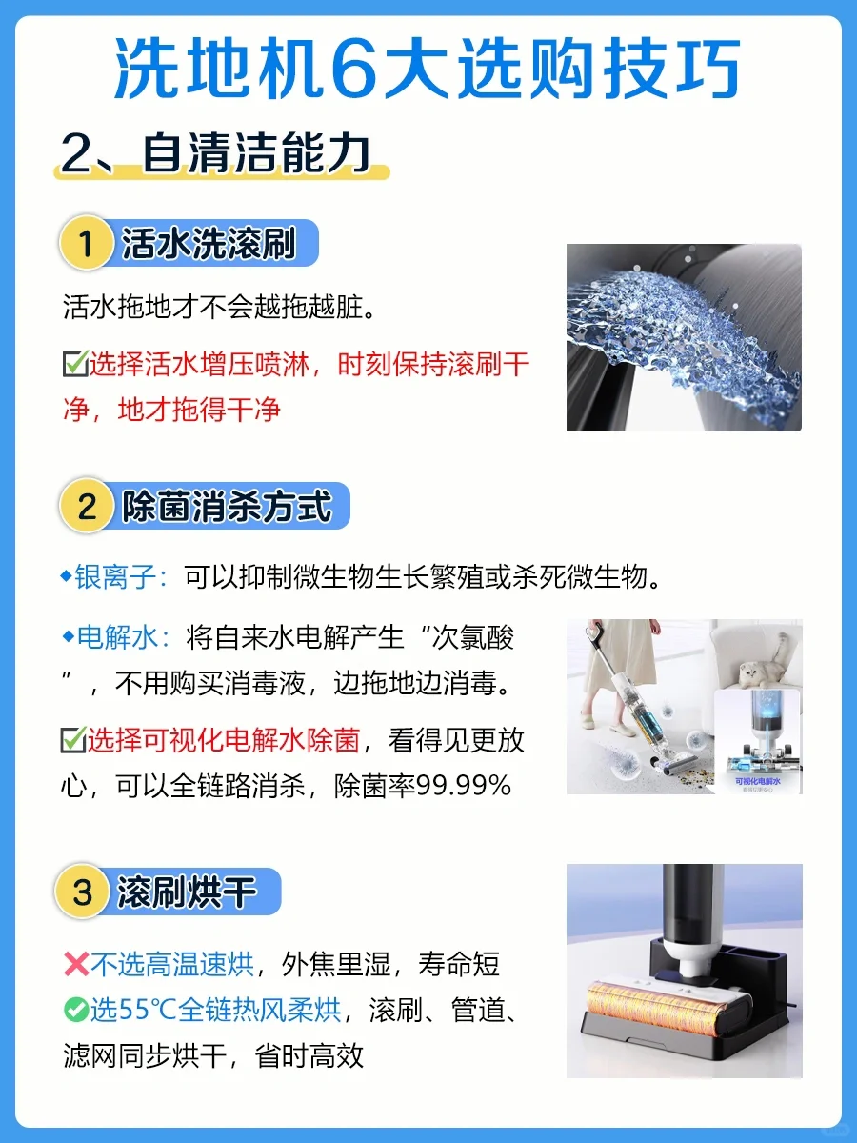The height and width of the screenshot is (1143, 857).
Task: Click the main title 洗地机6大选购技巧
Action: [x=427, y=69]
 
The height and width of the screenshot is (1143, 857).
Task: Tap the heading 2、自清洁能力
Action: [x=215, y=153]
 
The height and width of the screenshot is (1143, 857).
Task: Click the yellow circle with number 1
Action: [x=87, y=243]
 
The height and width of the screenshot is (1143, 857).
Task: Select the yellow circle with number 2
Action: [x=87, y=506]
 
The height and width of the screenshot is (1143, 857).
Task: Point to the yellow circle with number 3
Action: [x=82, y=892]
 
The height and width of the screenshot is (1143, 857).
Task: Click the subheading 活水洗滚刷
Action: [x=209, y=243]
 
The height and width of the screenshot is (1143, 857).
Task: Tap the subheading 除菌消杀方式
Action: [x=227, y=506]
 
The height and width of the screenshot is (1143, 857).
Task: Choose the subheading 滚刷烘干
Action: [x=187, y=892]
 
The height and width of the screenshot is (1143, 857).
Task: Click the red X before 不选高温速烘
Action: [x=76, y=964]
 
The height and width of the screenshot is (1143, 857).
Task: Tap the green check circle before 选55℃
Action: [x=76, y=1010]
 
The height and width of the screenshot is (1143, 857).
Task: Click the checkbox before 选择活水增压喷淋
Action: [x=75, y=363]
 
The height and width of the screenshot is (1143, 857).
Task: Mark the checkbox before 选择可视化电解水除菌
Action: [x=73, y=739]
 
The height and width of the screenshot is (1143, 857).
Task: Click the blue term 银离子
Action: [x=115, y=577]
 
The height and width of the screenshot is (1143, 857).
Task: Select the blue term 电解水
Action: [x=117, y=637]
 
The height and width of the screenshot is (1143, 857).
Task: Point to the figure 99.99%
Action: [x=463, y=785]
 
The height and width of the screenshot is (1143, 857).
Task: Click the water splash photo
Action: [x=684, y=337]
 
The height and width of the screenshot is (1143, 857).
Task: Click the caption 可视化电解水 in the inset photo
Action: [x=758, y=780]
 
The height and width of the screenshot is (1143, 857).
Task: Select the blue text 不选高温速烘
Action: [x=172, y=964]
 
